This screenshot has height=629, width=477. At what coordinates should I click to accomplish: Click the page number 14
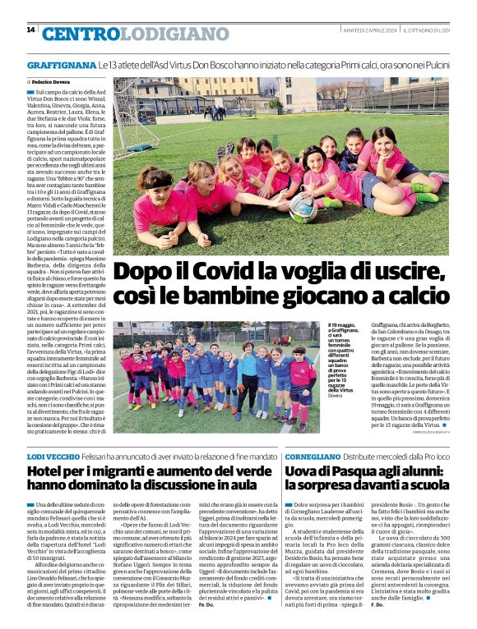click(x=30, y=30)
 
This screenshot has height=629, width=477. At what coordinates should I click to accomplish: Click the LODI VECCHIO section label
click(x=54, y=455)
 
